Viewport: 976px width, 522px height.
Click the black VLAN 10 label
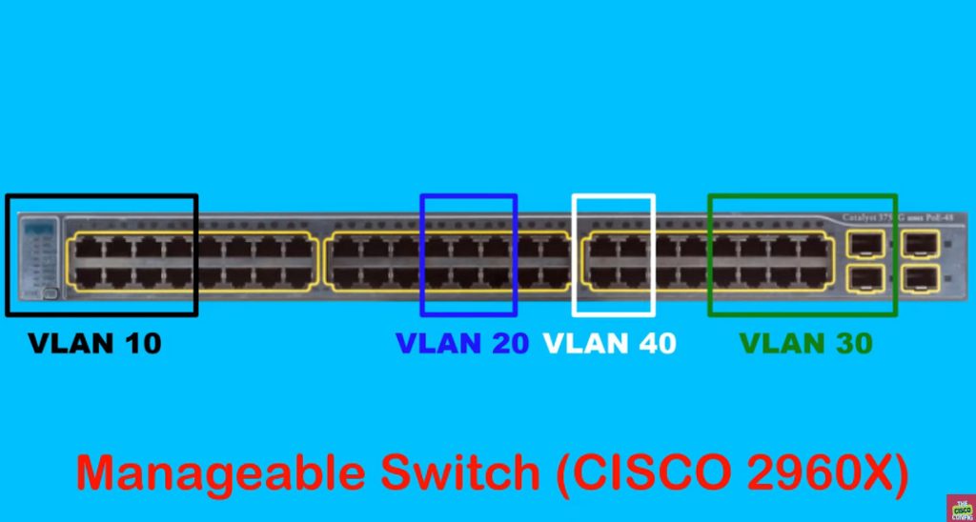(x=94, y=343)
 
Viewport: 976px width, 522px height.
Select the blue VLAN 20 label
(x=462, y=343)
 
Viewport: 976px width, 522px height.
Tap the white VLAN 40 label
(x=609, y=343)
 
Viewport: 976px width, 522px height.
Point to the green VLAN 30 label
(x=805, y=343)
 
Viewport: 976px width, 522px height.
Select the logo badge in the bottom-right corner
(x=960, y=507)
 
